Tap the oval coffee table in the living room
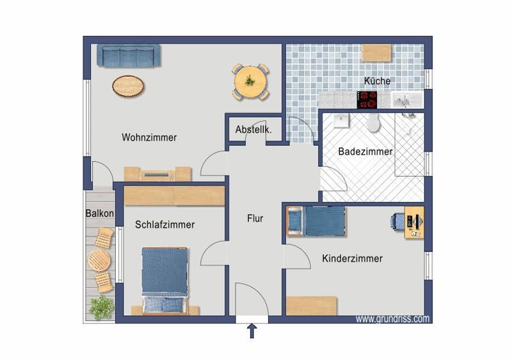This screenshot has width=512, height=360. coord(128,85)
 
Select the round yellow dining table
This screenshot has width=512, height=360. coord(250,82)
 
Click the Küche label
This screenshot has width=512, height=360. coord(377,81)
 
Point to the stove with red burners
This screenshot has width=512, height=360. coord(367,99)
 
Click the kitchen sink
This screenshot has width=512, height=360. coord(406,100)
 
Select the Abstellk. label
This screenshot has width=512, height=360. coord(253,129)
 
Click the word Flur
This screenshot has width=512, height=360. coord(255,218)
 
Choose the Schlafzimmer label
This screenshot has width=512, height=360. coord(164,224)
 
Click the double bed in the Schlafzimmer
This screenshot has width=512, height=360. coord(164,281)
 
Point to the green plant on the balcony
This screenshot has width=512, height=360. coord(101,308)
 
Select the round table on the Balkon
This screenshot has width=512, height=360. coord(99,260)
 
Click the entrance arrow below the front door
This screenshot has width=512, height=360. coord(252,331)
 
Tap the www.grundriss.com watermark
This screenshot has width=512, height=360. coord(392,318)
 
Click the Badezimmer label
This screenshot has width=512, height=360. coord(365,152)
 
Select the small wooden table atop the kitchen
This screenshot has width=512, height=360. coord(376,52)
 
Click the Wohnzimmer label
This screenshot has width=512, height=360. coord(149,137)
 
